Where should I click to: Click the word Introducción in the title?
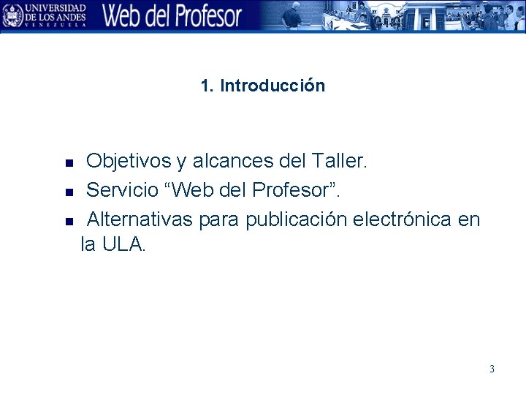(x=272, y=86)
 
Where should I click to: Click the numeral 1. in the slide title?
(x=207, y=86)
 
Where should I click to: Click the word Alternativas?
(x=140, y=219)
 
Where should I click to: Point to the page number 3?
(x=492, y=369)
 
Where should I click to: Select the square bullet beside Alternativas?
(x=69, y=221)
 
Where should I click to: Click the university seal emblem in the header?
(x=12, y=15)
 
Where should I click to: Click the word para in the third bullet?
(x=220, y=219)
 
